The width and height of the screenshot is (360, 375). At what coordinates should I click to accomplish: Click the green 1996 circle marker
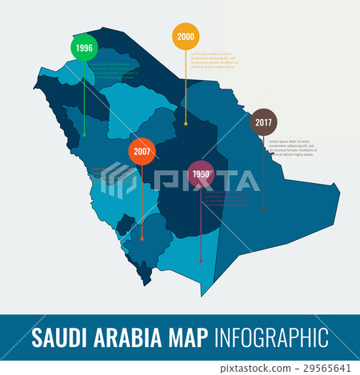[84, 48]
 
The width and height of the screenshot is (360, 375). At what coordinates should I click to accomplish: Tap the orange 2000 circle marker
[186, 36]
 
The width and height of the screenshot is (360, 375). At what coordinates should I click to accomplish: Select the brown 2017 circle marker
[263, 122]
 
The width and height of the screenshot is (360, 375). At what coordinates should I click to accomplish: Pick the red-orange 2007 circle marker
[142, 151]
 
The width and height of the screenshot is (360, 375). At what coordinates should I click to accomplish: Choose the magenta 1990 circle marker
[201, 174]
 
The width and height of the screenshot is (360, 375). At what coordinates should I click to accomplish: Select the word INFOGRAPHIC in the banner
[272, 337]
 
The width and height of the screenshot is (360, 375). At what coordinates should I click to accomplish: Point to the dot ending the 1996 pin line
[84, 134]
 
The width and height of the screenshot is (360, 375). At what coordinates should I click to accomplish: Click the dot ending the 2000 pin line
[186, 124]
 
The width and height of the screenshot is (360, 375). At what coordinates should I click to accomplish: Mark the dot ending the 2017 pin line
[263, 209]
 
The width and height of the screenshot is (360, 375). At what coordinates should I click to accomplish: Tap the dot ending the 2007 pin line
[142, 238]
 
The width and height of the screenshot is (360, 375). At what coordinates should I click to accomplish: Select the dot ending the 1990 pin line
[201, 261]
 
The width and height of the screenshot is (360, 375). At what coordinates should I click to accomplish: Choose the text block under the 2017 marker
[293, 146]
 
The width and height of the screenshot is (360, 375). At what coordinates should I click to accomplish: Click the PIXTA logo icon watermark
[119, 180]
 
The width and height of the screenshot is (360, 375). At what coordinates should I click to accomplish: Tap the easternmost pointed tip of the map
[339, 189]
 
